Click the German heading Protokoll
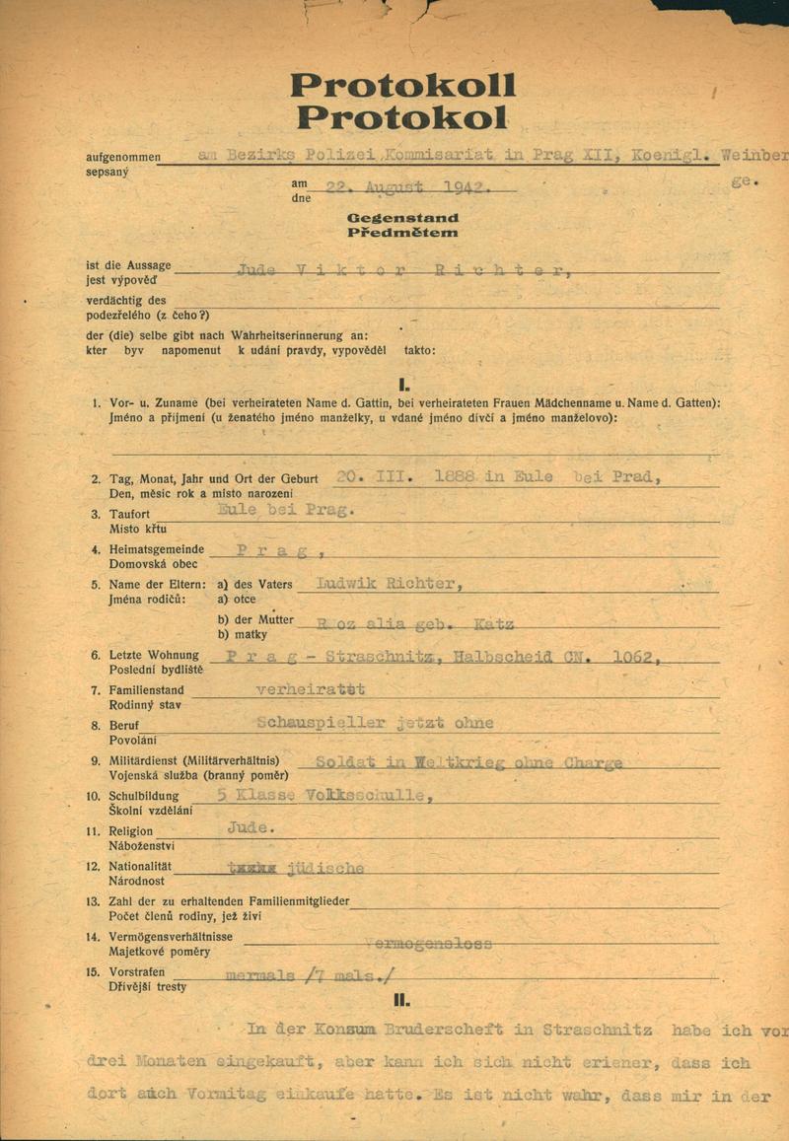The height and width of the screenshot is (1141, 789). [402, 86]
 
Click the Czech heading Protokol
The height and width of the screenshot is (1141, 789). [402, 117]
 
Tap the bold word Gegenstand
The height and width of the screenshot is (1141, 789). [402, 218]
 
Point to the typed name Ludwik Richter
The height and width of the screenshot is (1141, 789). [386, 583]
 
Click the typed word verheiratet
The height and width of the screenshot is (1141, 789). [310, 688]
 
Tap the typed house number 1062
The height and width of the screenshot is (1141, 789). [629, 658]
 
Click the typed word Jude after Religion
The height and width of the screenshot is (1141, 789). [251, 828]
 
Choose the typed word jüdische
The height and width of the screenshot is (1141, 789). [324, 868]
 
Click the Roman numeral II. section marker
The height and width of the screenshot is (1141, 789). [400, 1000]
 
